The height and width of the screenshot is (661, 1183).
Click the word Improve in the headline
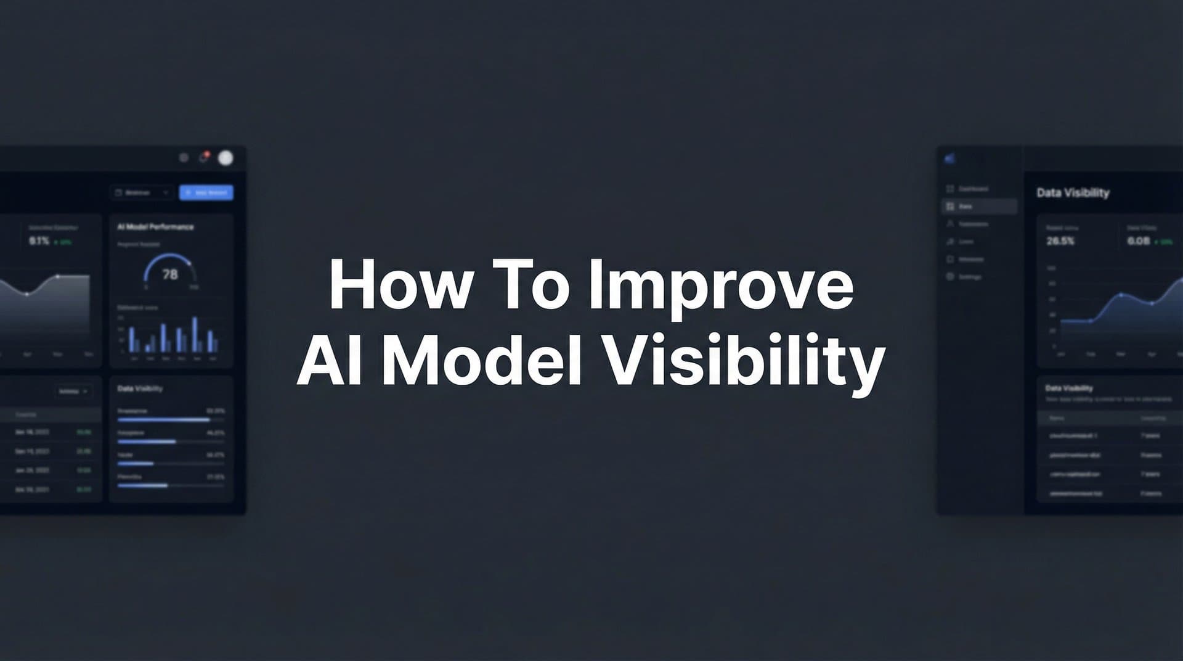pyautogui.click(x=721, y=285)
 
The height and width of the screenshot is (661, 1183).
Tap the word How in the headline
pyautogui.click(x=401, y=285)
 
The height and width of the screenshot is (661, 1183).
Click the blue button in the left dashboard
pyautogui.click(x=206, y=192)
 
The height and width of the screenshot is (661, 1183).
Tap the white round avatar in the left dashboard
pyautogui.click(x=226, y=158)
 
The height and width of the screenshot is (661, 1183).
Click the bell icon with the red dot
pyautogui.click(x=203, y=158)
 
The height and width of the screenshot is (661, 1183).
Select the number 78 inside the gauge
pyautogui.click(x=170, y=274)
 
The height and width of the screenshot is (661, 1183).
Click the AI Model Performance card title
pyautogui.click(x=155, y=227)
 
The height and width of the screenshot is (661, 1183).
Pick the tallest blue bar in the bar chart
pyautogui.click(x=195, y=334)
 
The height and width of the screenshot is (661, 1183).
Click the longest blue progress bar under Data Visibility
pyautogui.click(x=164, y=420)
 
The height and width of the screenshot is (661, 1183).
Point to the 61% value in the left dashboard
pyautogui.click(x=39, y=241)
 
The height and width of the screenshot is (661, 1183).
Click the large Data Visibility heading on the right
pyautogui.click(x=1073, y=193)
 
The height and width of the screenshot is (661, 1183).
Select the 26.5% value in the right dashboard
pyautogui.click(x=1060, y=241)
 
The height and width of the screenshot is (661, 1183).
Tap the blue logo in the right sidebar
pyautogui.click(x=949, y=158)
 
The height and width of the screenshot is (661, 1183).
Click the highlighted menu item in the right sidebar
pyautogui.click(x=979, y=207)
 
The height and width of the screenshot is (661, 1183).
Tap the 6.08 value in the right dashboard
pyautogui.click(x=1138, y=241)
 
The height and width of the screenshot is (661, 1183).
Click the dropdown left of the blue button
pyautogui.click(x=142, y=192)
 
